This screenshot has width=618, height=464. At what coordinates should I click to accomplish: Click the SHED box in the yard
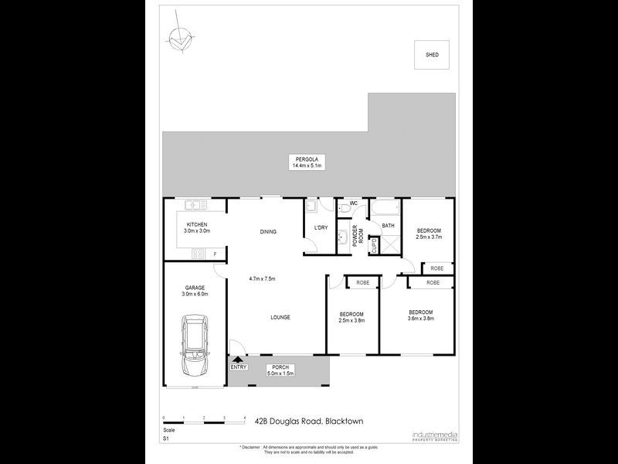click(x=433, y=54)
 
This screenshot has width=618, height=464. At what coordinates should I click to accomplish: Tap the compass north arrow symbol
click(x=179, y=38)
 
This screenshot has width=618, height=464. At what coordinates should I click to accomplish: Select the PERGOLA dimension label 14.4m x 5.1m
click(x=306, y=165)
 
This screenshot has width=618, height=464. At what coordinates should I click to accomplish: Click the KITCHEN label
click(x=197, y=224)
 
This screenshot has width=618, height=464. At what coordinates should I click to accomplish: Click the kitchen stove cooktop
click(x=199, y=254)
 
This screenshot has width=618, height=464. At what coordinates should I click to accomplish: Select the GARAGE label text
click(x=195, y=288)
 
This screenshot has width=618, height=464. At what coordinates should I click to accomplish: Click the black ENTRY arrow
click(x=238, y=359)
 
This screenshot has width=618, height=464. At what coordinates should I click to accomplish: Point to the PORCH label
click(x=278, y=367)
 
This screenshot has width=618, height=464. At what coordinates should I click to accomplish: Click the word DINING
click(x=268, y=231)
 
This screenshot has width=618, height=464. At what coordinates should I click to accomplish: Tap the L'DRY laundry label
click(x=321, y=227)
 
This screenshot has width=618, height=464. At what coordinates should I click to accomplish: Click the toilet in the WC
click(x=345, y=207)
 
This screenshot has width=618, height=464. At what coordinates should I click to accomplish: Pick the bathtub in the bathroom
click(x=385, y=210)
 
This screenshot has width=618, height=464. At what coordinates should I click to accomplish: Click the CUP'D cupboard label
click(x=374, y=246)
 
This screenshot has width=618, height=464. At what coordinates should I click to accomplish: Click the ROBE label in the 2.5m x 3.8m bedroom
click(x=362, y=283)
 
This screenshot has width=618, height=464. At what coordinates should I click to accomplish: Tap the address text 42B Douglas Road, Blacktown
click(x=309, y=421)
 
